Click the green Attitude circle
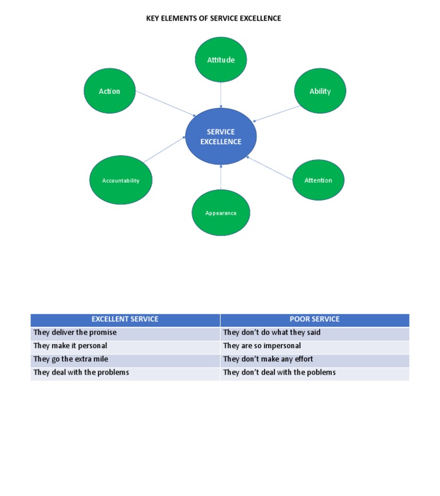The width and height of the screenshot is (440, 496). coord(221,60)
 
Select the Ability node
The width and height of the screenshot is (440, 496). coord(320,91)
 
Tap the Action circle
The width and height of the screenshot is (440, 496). coord(109,91)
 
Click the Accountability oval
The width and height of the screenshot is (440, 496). coord(121,180)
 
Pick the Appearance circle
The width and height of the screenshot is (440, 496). coord(221,212)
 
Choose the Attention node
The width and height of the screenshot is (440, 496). coord(318,180)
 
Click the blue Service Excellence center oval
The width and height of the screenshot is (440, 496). coord(221,136)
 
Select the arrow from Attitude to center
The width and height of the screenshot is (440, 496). coord(221,95)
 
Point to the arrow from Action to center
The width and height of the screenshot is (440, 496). coord(166,104)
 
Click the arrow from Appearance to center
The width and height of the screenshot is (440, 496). coord(221,178)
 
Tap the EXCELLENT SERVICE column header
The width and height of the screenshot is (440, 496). coord(125,319)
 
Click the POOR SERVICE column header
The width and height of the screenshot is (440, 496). coord(315,319)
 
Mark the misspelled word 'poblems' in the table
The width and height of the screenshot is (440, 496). coord(322,372)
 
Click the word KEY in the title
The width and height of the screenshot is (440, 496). coord(152,18)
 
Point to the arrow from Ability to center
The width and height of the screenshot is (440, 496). coord(277,113)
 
